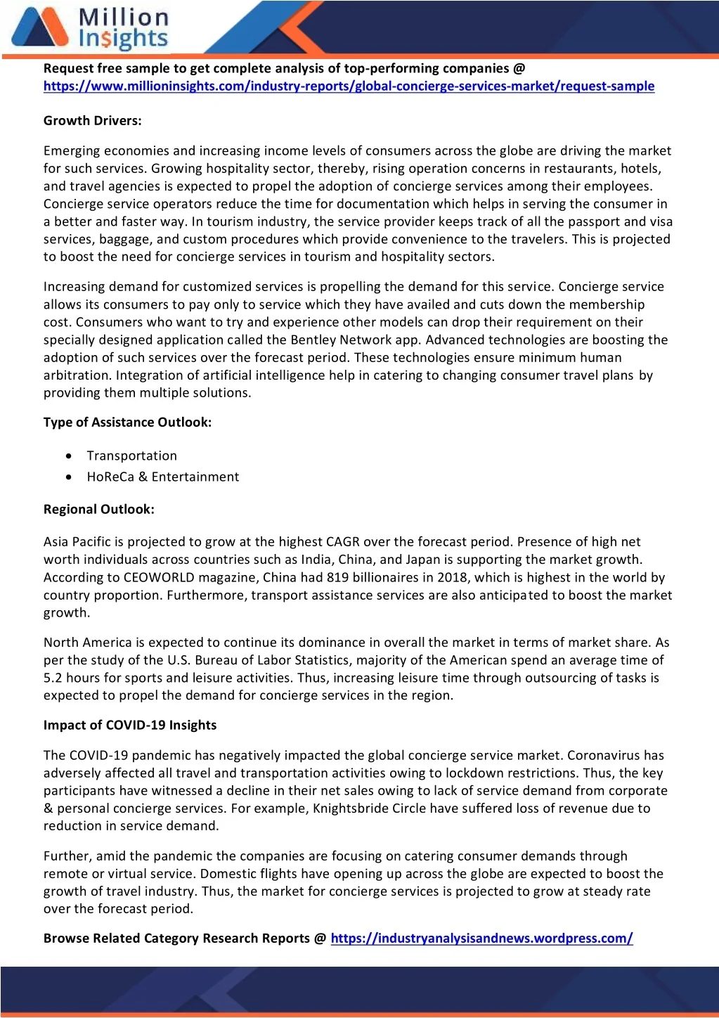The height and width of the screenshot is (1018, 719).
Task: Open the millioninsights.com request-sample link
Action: click(x=349, y=86)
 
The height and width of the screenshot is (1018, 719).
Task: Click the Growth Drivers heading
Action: click(x=92, y=121)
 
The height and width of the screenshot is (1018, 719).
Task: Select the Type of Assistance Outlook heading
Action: click(x=127, y=423)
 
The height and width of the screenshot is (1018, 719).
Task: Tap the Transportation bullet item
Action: click(x=131, y=456)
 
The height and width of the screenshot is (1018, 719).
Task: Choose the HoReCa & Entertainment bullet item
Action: click(x=162, y=477)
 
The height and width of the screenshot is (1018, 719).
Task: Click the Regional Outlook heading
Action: click(x=98, y=510)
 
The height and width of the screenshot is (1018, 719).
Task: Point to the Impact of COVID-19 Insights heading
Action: click(x=130, y=726)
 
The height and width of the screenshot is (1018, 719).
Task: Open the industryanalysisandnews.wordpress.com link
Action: click(x=481, y=939)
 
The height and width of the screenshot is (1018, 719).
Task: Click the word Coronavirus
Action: click(x=604, y=756)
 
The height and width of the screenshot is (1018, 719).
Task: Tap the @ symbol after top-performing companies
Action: click(x=519, y=69)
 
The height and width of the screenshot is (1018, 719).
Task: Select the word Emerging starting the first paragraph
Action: click(x=71, y=151)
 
